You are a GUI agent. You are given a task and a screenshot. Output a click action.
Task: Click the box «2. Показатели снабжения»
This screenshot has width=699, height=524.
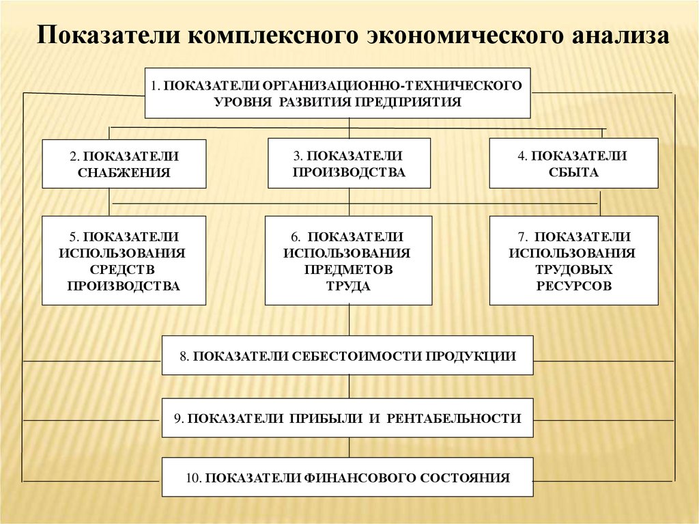pos(124,164)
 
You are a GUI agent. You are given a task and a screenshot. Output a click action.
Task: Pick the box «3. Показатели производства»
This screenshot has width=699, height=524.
pos(349,163)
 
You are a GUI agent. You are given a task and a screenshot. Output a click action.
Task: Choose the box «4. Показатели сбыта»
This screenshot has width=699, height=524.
pos(573,163)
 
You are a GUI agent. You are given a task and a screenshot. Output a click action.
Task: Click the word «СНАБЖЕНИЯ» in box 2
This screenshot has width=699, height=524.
pos(124,173)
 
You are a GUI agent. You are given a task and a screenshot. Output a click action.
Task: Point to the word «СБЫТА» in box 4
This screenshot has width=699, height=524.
pos(573,173)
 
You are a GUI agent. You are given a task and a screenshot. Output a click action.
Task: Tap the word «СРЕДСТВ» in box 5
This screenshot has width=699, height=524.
pos(124,270)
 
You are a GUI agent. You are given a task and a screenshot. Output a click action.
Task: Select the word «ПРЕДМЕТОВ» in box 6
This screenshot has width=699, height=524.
pos(348,270)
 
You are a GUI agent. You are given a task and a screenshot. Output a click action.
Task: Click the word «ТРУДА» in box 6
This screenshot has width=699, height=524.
pos(348,286)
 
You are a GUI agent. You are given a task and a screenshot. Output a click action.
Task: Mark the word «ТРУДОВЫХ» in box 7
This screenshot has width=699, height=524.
pos(573,270)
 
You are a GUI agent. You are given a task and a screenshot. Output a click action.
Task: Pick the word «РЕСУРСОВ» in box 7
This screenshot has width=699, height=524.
pos(573,286)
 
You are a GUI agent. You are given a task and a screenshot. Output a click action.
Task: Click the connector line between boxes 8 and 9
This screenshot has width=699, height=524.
pos(349,387)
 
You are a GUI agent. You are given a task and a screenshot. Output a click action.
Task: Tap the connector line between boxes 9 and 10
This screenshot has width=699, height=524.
pos(349,447)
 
